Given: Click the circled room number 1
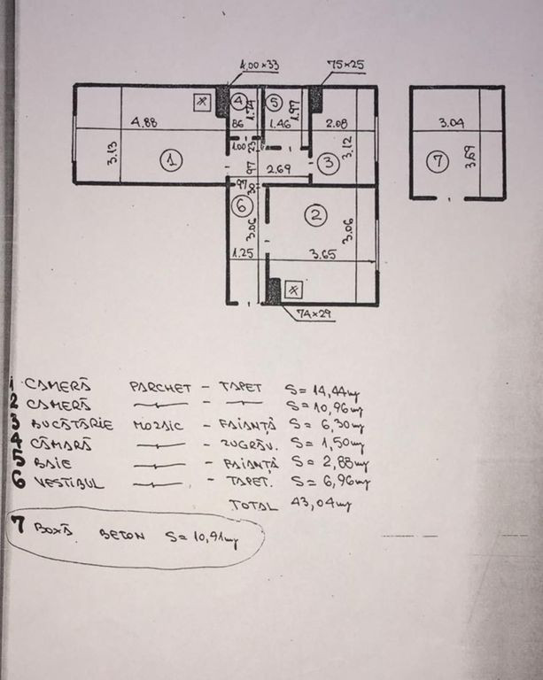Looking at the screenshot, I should pyautogui.click(x=171, y=160).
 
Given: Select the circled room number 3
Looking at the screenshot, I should pyautogui.click(x=329, y=162).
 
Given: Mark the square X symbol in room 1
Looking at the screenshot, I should pyautogui.click(x=203, y=102).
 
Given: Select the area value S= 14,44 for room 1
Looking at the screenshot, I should pyautogui.click(x=321, y=389).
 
